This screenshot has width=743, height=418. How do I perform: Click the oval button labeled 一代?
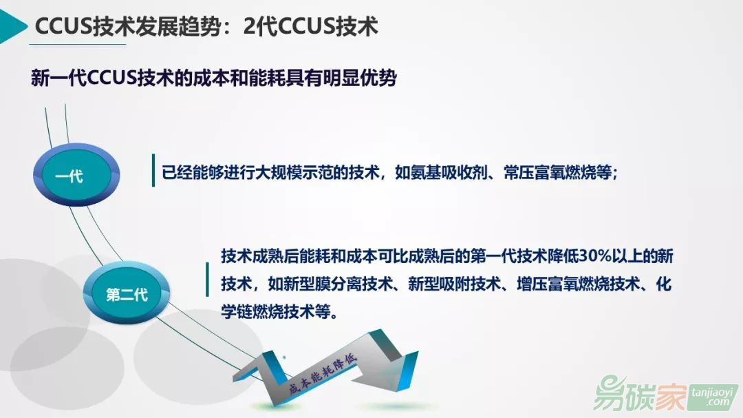76,175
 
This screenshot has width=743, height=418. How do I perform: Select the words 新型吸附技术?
454,284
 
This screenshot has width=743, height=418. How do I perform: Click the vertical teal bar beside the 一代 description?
153,170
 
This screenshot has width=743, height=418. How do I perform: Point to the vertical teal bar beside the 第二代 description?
207,280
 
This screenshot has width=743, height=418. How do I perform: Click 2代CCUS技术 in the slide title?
311,26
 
